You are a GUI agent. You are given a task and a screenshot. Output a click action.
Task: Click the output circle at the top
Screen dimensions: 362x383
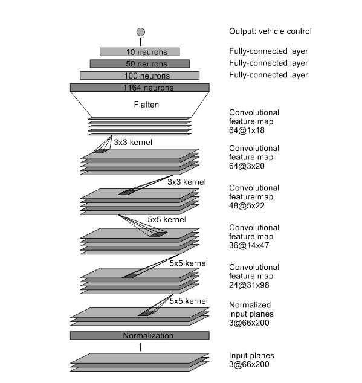pos(141,32)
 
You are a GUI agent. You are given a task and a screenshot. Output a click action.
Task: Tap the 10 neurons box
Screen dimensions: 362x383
pos(140,52)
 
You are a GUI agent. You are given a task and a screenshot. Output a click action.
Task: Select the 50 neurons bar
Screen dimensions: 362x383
pos(140,64)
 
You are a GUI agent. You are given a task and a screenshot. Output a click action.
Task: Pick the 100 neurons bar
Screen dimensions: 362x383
pos(140,76)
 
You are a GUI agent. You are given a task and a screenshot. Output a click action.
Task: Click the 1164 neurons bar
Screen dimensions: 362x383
pos(140,88)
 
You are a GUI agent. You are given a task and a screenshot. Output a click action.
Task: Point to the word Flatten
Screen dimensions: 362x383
pos(146,105)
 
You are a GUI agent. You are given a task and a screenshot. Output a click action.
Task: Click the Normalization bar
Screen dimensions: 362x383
pos(140,335)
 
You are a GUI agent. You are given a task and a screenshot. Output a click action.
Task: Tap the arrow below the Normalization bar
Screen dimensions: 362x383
pos(141,347)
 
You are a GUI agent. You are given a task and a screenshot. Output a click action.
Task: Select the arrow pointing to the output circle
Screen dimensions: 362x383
pos(141,42)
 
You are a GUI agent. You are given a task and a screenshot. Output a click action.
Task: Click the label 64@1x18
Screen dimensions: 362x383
pos(247,130)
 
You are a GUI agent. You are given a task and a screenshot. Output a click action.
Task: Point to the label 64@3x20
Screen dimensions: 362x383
pos(247,166)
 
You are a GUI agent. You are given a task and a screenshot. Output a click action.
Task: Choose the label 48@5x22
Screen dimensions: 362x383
pos(247,205)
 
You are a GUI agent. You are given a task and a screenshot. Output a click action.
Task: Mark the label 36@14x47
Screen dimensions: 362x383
pos(249,245)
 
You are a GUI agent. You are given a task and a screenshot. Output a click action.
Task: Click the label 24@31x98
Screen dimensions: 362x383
pos(249,285)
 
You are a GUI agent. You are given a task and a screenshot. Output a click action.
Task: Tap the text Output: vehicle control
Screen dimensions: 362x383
pos(270,31)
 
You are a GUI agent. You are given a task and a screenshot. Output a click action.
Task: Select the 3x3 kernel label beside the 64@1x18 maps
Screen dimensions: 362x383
pos(133,142)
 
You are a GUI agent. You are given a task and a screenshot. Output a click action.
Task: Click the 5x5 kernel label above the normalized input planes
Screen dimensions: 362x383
pos(189,301)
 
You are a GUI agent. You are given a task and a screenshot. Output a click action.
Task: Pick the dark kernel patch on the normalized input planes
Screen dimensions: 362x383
pos(147,314)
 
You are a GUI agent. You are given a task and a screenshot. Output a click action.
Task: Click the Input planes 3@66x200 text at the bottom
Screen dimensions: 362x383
pos(251,360)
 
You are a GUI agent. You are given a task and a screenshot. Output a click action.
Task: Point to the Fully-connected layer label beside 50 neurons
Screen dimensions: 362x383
pos(268,63)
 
